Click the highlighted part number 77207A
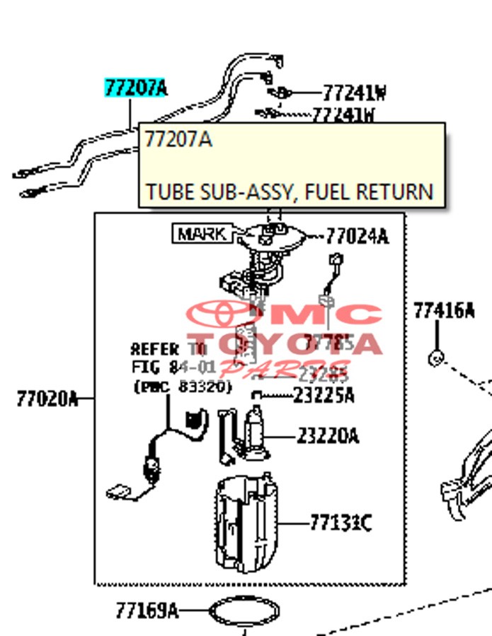click(x=136, y=88)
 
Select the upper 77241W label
click(x=354, y=93)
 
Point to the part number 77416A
click(x=444, y=310)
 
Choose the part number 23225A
click(x=324, y=396)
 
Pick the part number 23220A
click(x=327, y=436)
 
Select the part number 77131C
click(x=340, y=523)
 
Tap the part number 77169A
click(x=147, y=609)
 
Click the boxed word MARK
click(x=201, y=233)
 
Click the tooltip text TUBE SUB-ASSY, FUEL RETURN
click(x=289, y=192)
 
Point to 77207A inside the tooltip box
click(x=178, y=139)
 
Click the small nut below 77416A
click(x=437, y=358)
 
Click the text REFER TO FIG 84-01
click(x=168, y=358)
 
